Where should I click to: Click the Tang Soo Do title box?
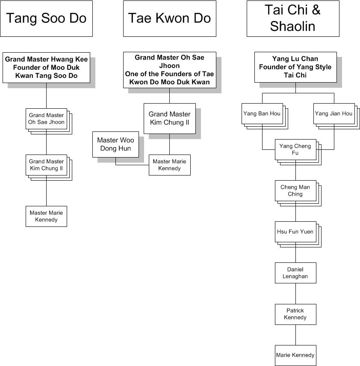pos(46,18)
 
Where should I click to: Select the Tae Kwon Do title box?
pos(169,18)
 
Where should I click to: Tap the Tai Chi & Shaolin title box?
pos(293,18)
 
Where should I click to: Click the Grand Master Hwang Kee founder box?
pos(46,68)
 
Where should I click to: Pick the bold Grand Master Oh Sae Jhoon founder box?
pos(169,70)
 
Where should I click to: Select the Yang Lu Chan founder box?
pos(295,67)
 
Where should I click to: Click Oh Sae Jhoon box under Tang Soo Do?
pos(46,119)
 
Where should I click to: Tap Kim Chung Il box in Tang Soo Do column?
pos(46,165)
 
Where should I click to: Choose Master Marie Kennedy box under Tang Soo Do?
pos(46,216)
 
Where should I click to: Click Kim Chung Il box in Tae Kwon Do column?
pos(169,118)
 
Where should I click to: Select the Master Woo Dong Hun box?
pos(115,144)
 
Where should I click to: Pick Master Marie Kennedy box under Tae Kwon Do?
pos(169,165)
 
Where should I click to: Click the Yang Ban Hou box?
pos(262,113)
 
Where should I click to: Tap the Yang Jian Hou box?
pos(334,113)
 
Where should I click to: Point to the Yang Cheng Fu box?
pos(295,149)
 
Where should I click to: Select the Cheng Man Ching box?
pos(295,190)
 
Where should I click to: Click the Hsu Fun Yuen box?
pos(295,232)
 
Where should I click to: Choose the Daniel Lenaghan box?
pos(295,273)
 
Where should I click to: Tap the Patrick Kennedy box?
pos(295,314)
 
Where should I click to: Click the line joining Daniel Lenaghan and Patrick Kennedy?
pos(295,293)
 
